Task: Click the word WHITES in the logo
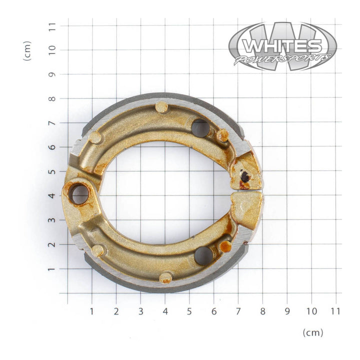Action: (281, 46)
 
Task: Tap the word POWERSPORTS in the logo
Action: (283, 59)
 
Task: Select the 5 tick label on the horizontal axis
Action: (189, 311)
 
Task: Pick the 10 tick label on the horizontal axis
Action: (311, 311)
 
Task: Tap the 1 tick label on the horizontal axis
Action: (92, 311)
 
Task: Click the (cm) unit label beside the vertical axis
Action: (27, 51)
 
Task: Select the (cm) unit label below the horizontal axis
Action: (313, 332)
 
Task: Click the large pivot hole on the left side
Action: (79, 194)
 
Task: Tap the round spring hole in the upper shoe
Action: (200, 128)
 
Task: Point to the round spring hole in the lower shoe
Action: (203, 255)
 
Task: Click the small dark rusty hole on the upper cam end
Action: (245, 176)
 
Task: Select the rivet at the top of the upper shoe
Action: (161, 107)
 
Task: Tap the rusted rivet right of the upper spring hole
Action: (223, 135)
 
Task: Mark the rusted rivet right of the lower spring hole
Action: (225, 246)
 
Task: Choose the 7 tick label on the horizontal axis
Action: (238, 311)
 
